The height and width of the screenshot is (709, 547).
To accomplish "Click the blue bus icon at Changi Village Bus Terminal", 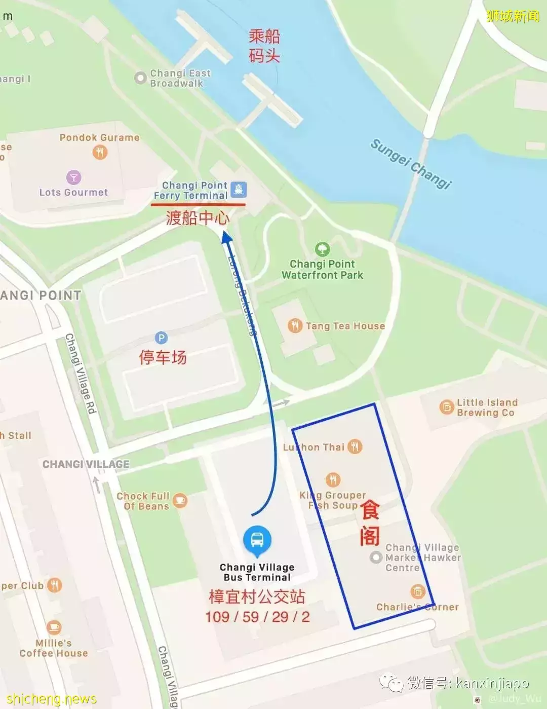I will point(257,540).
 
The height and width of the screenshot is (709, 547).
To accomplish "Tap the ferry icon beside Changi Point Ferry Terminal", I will point(239,190).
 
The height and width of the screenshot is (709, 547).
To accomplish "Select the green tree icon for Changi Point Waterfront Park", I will point(323,249).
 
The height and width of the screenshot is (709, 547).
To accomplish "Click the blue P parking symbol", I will point(161,338).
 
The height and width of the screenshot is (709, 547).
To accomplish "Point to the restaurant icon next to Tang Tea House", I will point(295,326).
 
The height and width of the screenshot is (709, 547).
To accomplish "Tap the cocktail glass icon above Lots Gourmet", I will point(74,177).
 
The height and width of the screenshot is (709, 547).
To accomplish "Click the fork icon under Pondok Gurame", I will point(100,152).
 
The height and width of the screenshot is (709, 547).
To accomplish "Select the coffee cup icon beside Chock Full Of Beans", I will point(180,501).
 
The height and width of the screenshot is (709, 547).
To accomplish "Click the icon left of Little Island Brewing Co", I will point(446,407).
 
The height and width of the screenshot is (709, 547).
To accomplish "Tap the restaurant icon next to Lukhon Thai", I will point(355,446).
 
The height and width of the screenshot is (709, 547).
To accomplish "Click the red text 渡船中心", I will point(198,218).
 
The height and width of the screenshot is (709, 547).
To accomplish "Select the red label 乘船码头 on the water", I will point(264,46).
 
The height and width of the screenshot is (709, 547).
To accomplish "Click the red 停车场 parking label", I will point(163,357).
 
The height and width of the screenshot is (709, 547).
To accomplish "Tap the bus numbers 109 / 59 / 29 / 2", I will point(257,617).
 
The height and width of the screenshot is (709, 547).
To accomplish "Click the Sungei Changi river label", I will point(411,163).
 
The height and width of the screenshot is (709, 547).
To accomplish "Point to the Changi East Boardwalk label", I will point(180,78).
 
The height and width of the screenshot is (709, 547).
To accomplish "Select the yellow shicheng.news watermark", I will point(52,699).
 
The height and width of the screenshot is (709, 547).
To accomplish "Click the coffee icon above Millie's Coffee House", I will point(54,627).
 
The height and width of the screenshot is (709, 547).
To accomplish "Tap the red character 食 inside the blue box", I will point(370,509).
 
